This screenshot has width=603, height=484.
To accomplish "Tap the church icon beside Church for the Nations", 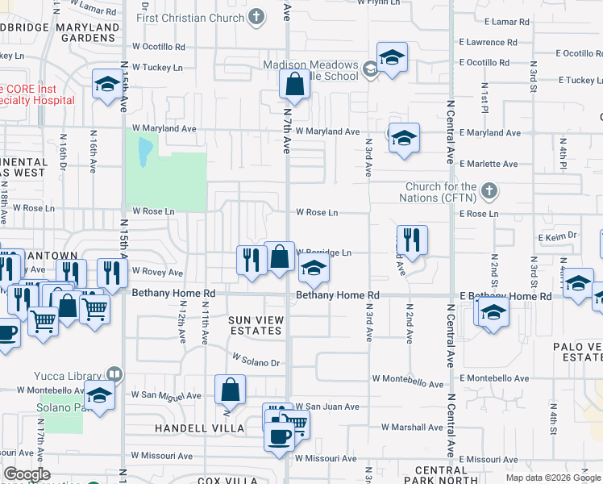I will [x=489, y=191].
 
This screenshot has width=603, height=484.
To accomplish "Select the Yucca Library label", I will [x=69, y=375].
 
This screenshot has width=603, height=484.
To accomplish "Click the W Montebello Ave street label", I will [x=408, y=378].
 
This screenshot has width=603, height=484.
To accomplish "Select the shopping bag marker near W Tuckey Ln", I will [x=294, y=84].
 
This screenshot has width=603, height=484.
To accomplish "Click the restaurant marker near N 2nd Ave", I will [x=411, y=240].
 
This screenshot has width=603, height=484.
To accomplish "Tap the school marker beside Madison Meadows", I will [x=392, y=57].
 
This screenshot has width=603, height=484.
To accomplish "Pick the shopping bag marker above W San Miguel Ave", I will [x=231, y=390].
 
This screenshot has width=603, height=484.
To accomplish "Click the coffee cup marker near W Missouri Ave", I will [x=280, y=436].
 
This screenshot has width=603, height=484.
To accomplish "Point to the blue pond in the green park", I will [x=144, y=151].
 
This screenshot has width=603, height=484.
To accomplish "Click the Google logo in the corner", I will [x=27, y=475].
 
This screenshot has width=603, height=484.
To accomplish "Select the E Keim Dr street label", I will [x=558, y=236].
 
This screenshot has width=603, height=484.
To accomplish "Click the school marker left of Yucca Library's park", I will [x=99, y=397].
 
